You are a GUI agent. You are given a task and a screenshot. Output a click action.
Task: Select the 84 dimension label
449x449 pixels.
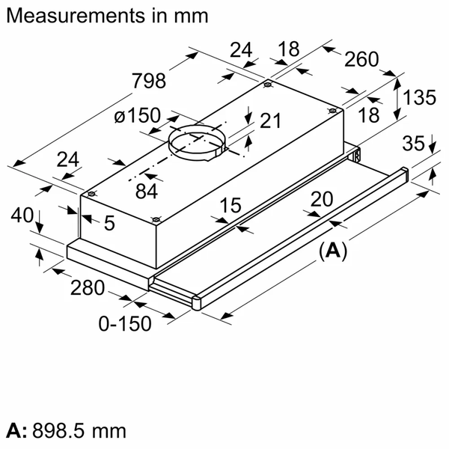click(147, 191)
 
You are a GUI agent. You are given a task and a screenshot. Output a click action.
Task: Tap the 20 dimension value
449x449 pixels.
click(322, 198)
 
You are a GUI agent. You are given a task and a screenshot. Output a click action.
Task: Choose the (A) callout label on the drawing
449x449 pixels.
click(333, 251)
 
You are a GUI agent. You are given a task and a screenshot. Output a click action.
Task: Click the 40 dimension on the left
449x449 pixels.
click(23, 215)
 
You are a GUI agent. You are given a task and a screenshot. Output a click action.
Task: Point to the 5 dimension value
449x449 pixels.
click(109, 222)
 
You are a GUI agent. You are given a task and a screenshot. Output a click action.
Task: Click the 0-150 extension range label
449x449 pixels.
click(125, 323)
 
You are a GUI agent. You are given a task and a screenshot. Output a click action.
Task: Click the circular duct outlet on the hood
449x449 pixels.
click(195, 141)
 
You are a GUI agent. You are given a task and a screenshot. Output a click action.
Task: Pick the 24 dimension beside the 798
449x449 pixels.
click(241, 50)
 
